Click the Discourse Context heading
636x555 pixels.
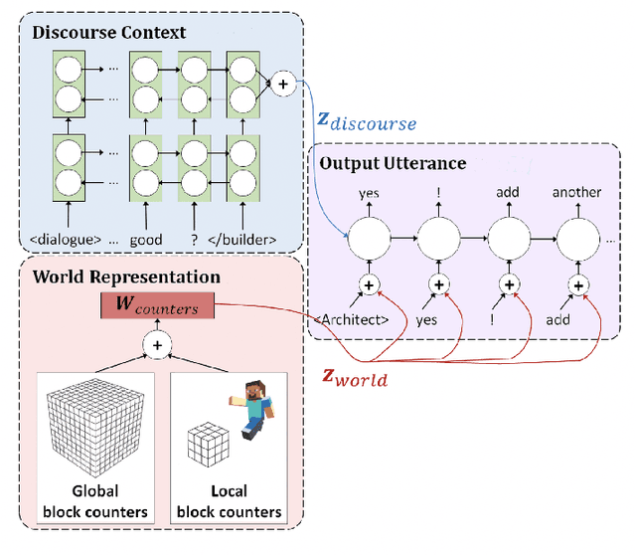click(109, 32)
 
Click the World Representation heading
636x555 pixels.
click(127, 277)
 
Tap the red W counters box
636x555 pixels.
click(156, 307)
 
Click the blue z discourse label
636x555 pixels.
click(366, 120)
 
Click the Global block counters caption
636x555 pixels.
click(95, 502)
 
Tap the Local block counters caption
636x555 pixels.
click(229, 502)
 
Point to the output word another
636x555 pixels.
click(576, 191)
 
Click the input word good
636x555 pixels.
click(145, 239)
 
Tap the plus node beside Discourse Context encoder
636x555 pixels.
click(283, 86)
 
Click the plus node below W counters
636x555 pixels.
click(157, 344)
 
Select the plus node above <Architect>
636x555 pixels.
click(369, 285)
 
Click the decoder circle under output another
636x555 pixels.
click(578, 240)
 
